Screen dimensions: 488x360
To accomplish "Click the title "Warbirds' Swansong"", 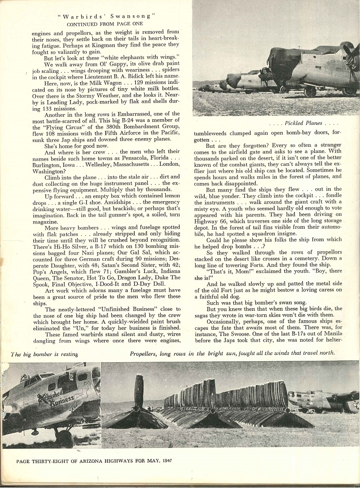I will click(x=106, y=16).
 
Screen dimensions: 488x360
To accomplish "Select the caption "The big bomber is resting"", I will click(x=44, y=354).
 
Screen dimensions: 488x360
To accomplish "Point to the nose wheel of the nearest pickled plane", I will click(x=310, y=92).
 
